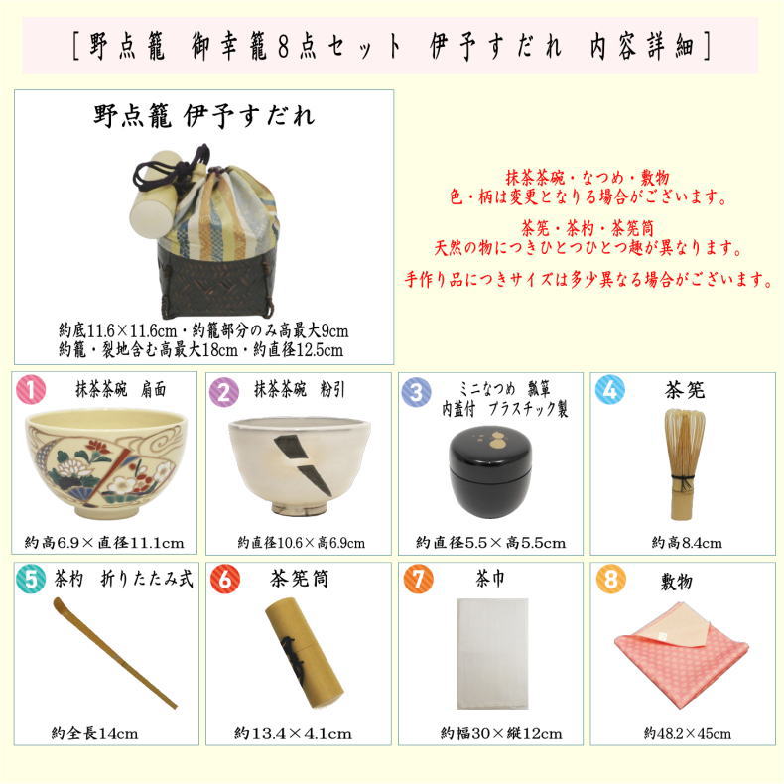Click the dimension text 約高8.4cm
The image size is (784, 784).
coord(686,543)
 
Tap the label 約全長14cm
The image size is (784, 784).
coord(94,734)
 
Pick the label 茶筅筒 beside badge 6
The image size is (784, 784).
coord(299,578)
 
